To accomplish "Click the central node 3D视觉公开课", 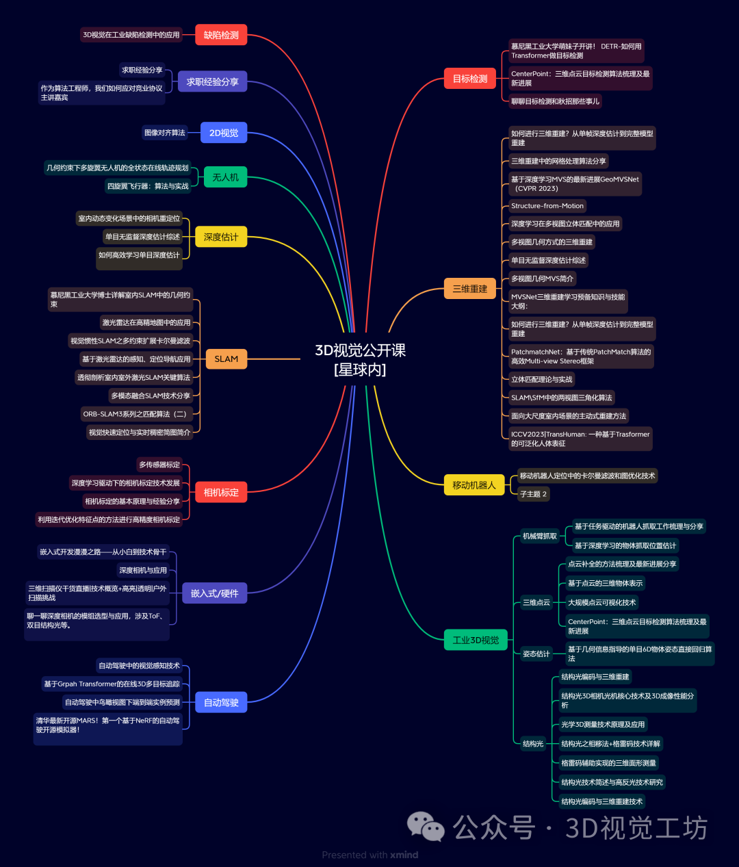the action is point(360,359).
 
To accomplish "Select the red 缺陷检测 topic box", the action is point(221,35).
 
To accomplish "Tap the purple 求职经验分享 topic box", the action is point(212,81).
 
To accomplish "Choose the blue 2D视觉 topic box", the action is point(224,133).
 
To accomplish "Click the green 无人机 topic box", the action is point(225,177).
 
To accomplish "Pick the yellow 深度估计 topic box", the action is point(221,237).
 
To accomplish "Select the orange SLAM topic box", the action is point(226,359).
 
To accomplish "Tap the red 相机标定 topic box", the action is point(221,492).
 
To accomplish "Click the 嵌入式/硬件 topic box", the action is point(214,593).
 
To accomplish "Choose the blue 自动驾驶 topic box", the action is point(221,702).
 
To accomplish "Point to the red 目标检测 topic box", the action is point(470,79).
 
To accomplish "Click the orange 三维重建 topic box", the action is point(470,289).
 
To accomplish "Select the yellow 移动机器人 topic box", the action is point(474,485).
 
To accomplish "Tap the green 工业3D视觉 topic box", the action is point(476,640).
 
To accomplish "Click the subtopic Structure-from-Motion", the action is point(547,206).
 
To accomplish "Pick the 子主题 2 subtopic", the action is point(533,494).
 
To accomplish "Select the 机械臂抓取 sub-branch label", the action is point(540,536).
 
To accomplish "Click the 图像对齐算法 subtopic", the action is point(164,133).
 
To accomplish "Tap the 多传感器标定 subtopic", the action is point(159,465).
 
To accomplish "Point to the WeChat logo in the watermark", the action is point(426,827).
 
